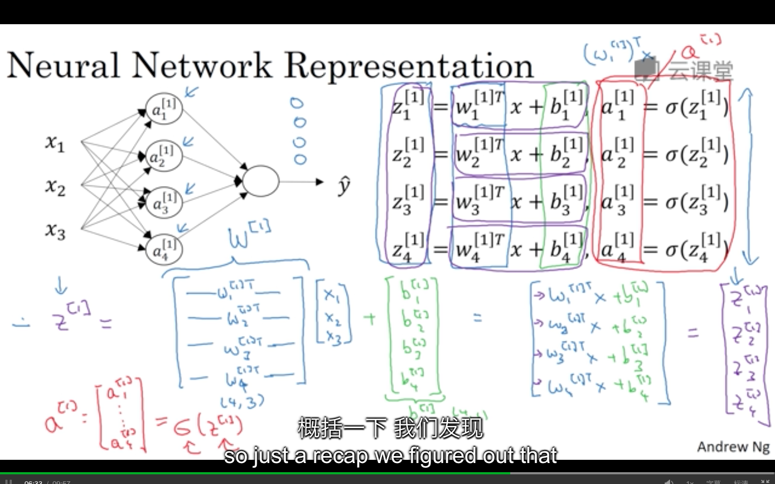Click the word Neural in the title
pos(63,66)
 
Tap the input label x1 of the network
pos(55,143)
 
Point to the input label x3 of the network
pos(55,231)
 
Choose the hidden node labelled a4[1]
pos(164,250)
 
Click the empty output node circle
pos(260,181)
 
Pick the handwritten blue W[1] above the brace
pos(248,235)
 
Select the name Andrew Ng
pos(733,446)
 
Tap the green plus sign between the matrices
pos(370,318)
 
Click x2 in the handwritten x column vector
pos(333,319)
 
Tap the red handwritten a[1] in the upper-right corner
pos(700,47)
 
